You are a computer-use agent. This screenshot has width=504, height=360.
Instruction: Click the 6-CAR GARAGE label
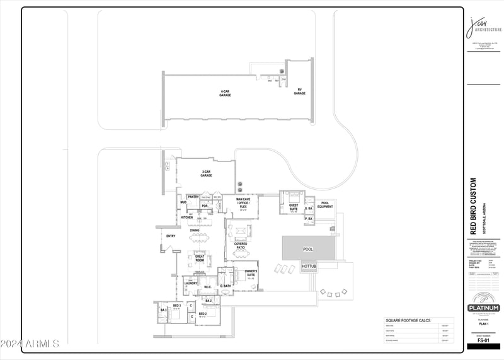[x=225, y=93]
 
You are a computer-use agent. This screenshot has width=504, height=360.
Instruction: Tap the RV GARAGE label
[x=300, y=91]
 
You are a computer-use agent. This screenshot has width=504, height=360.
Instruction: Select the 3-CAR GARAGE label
[x=206, y=174]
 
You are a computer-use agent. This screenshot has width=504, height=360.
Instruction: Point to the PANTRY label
[x=193, y=197]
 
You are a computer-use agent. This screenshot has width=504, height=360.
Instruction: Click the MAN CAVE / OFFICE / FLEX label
[x=243, y=202]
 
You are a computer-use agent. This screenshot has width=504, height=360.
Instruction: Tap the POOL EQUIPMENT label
[x=325, y=205]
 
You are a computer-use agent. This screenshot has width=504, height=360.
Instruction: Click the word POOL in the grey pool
[x=307, y=249]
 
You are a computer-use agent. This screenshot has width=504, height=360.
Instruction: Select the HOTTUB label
[x=309, y=267]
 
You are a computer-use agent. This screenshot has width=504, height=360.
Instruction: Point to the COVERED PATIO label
[x=241, y=246]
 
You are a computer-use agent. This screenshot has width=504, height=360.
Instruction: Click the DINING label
[x=195, y=230]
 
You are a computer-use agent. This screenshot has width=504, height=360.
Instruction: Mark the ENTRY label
[x=170, y=236]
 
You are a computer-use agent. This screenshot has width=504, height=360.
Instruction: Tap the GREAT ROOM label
[x=199, y=258]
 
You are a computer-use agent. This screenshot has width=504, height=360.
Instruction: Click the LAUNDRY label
[x=191, y=283]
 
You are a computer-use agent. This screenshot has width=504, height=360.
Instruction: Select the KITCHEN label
[x=187, y=217]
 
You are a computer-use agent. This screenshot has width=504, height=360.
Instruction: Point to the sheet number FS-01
[x=483, y=340]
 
